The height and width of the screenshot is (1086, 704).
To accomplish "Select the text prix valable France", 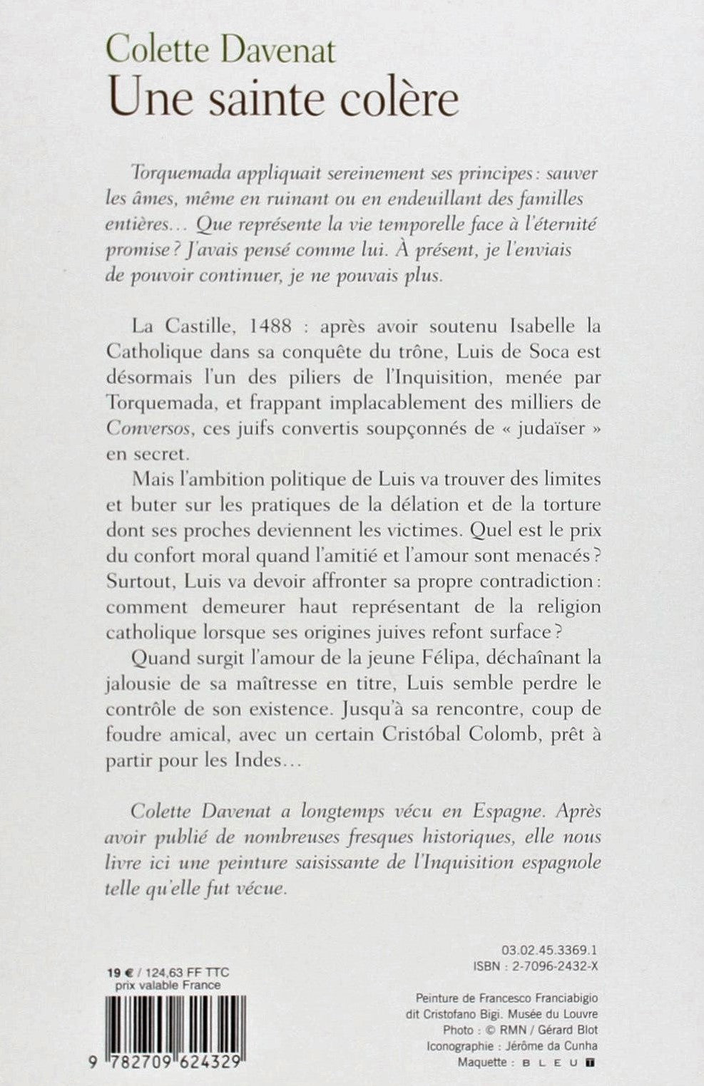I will pyautogui.click(x=168, y=985).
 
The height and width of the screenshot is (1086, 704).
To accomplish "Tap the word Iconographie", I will pyautogui.click(x=458, y=1045).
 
